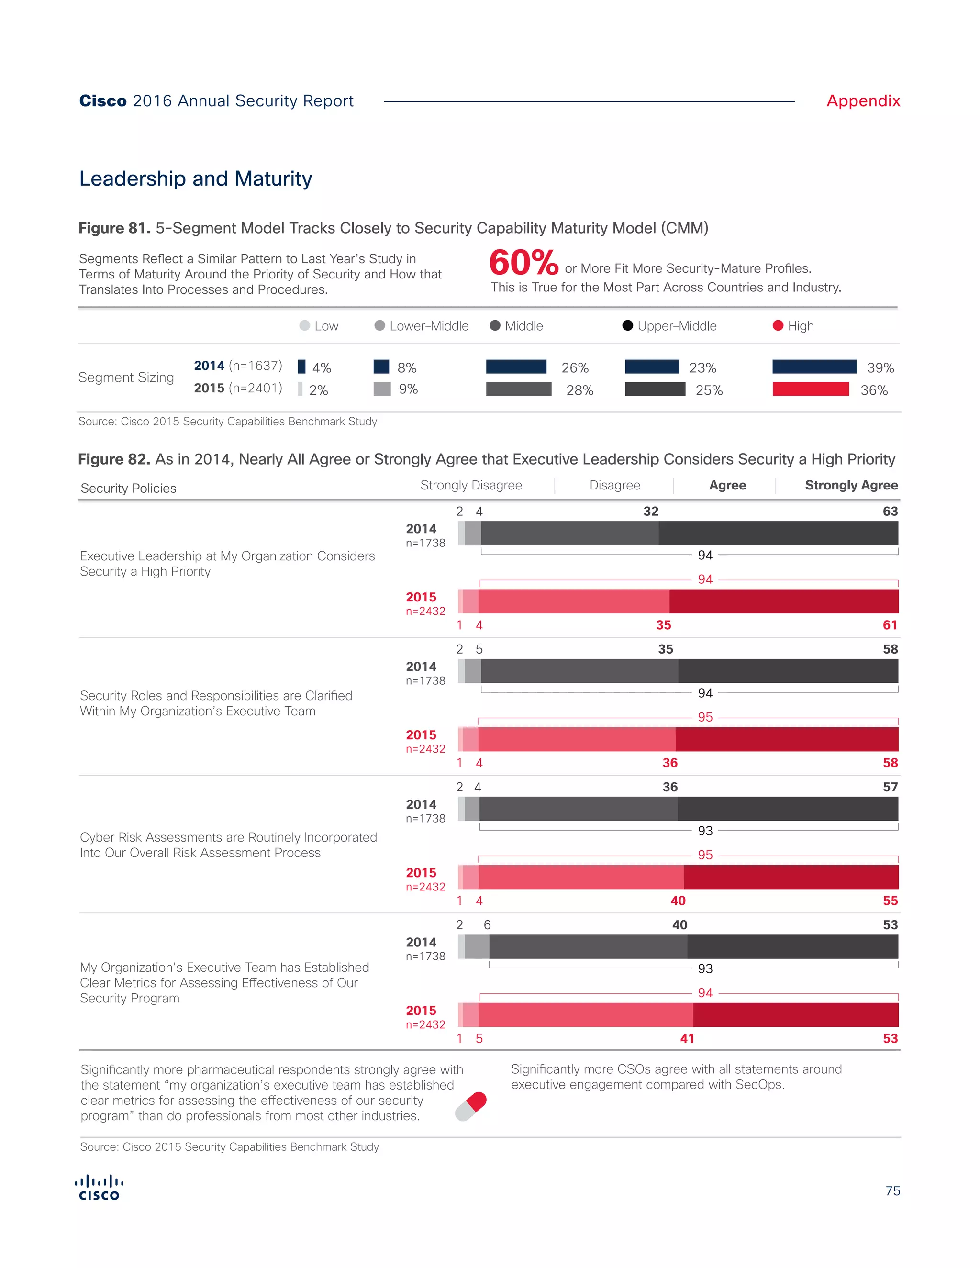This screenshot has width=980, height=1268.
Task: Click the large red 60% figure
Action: pos(523,263)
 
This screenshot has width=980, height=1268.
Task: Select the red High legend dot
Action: pos(778,326)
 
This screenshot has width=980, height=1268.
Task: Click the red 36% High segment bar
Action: pos(811,389)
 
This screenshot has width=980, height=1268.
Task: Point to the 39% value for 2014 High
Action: pos(880,368)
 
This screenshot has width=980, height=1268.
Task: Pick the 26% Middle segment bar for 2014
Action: pos(516,367)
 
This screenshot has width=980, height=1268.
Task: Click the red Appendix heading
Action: pos(863,101)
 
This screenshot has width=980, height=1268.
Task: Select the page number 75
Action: pos(892,1191)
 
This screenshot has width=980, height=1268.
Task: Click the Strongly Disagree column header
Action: pos(471,485)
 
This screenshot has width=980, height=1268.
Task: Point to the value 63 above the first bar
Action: pos(890,512)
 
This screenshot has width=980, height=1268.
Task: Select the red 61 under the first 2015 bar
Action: pos(890,625)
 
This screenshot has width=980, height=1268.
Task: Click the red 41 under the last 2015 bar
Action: pos(687,1039)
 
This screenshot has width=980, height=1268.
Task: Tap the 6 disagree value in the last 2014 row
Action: pos(487,925)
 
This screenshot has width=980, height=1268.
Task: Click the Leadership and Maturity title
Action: pos(196,179)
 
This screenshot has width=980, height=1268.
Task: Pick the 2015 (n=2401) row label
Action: pos(238,388)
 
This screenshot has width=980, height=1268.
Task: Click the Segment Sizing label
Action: pos(126,378)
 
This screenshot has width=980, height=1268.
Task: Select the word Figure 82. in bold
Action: pos(114,460)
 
